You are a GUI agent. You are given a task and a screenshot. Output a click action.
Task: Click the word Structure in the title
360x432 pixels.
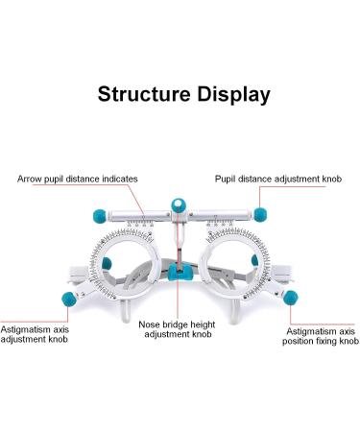point(140,94)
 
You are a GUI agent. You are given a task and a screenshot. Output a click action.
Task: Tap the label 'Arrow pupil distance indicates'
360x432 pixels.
point(78,179)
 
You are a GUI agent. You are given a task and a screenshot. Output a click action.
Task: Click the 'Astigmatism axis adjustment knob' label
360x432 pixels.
point(34,334)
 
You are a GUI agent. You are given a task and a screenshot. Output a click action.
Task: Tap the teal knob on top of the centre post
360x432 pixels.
point(179,204)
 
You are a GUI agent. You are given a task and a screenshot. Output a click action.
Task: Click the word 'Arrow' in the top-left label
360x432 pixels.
point(29,179)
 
